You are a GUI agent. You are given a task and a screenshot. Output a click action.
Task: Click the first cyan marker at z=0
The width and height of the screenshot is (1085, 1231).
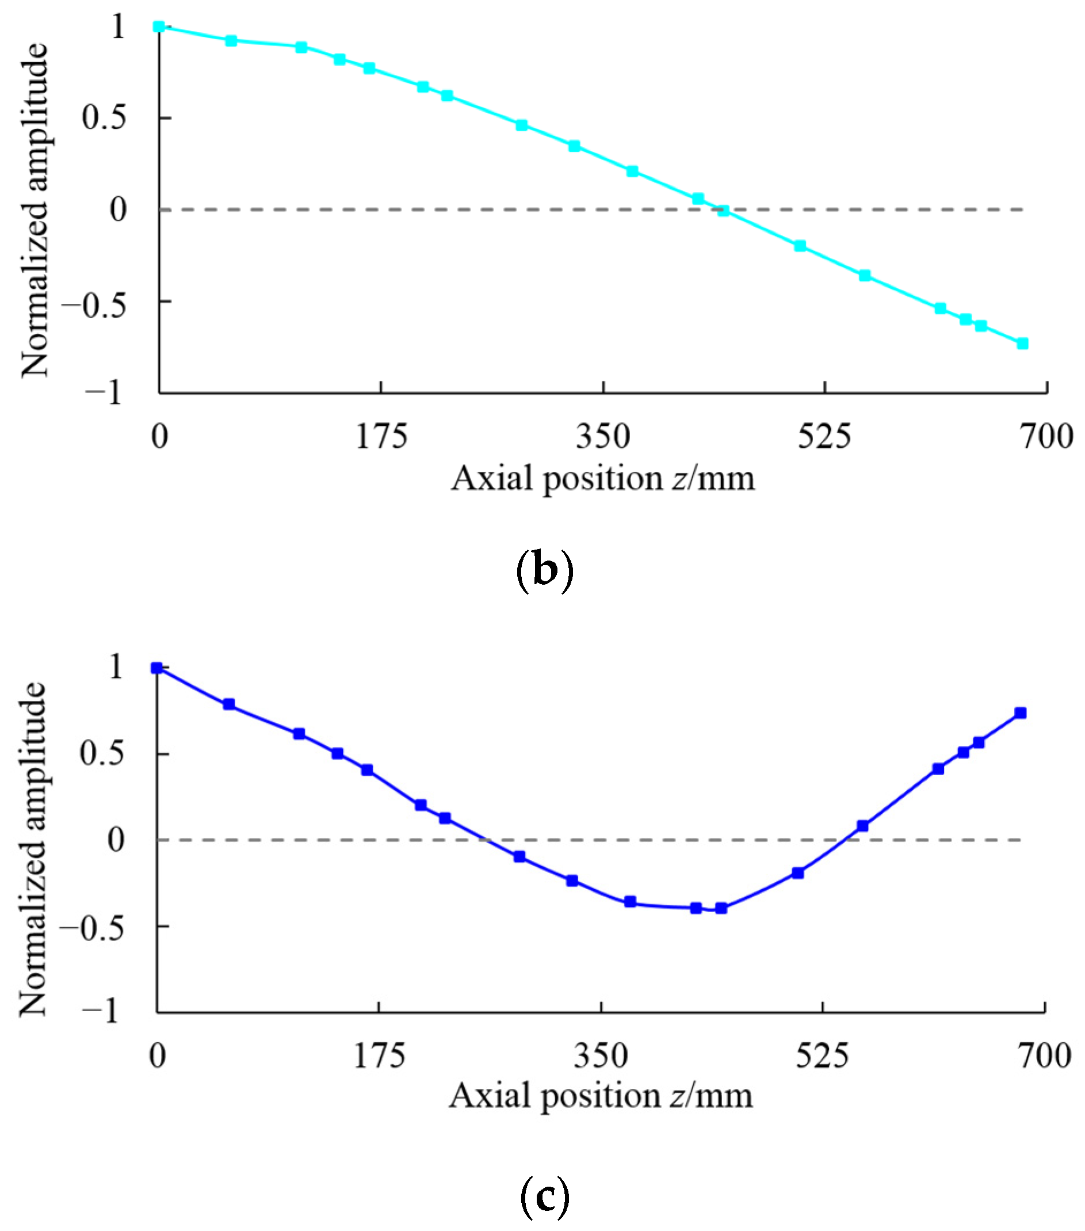pos(159,26)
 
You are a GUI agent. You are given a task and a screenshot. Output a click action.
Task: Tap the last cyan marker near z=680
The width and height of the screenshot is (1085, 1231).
pos(1022,343)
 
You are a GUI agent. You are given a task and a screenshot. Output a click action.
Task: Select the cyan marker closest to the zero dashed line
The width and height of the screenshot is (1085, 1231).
pos(723,211)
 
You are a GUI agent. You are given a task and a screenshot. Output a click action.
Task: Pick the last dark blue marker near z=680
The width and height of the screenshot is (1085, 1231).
pos(1020,713)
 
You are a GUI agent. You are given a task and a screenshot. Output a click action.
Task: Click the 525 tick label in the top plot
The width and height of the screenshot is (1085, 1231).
pos(824,437)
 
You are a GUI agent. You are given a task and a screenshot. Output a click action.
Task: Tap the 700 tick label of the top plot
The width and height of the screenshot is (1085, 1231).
pos(1046,437)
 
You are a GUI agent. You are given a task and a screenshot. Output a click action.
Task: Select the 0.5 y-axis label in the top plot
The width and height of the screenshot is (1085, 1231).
pos(104,117)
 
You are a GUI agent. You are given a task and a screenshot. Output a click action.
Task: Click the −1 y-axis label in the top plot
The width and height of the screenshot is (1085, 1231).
pos(104,393)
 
